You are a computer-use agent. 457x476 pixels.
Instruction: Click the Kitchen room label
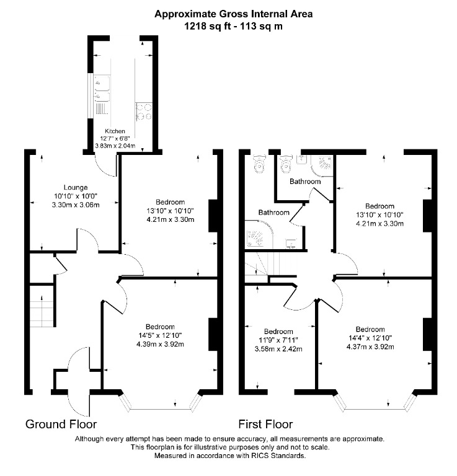115,131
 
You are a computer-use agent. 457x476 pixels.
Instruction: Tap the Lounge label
76,187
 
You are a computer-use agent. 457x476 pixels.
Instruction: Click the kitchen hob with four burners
144,112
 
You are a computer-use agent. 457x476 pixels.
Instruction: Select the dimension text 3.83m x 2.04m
115,146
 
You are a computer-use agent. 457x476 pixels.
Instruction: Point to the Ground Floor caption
61,424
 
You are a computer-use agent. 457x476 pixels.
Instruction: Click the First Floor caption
265,424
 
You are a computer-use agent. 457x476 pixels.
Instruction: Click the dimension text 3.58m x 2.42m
278,349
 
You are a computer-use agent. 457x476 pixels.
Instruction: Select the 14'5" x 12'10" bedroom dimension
160,335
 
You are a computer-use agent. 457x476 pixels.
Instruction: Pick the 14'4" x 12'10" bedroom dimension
370,338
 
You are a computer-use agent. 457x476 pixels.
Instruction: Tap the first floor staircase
262,264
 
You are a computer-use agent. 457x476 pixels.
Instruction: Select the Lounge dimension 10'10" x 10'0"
76,196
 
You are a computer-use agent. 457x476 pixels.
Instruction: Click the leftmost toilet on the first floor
259,163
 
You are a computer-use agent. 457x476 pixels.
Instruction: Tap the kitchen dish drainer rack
102,108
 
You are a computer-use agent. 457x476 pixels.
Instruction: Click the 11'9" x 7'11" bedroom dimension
278,340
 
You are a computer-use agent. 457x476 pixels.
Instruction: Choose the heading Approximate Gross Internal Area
234,14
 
